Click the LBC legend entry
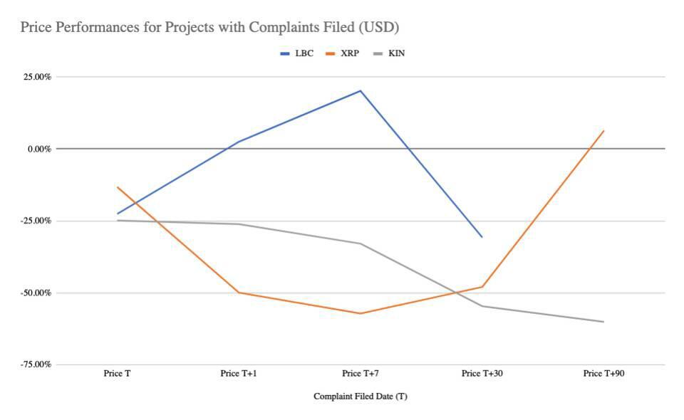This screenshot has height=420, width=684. pos(296,53)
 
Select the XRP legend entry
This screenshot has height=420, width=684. pos(343,53)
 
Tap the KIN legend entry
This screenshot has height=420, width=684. pos(389,53)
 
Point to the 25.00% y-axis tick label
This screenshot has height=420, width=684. pos(37,77)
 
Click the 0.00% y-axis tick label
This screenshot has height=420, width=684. pos(39,149)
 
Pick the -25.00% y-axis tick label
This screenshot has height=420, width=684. pos(36,221)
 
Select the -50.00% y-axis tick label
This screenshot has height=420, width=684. pos(36,293)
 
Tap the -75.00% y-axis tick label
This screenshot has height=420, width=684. pos(36,364)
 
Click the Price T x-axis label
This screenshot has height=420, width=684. pos(117,374)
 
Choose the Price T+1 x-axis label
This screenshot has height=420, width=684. pos(239,374)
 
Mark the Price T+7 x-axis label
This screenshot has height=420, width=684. pos(361,374)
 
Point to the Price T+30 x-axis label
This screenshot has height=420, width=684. pos(482,374)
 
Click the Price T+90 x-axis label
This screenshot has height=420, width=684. pos(603,374)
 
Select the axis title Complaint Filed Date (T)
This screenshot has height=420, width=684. pos(361,397)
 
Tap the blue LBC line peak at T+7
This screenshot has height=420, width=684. pos(361,90)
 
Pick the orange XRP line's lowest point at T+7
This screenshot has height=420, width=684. pos(361,313)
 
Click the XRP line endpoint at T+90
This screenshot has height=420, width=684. pos(603,131)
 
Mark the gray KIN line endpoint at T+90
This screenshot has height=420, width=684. pos(603,322)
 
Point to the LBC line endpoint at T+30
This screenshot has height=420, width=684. pos(482,237)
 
